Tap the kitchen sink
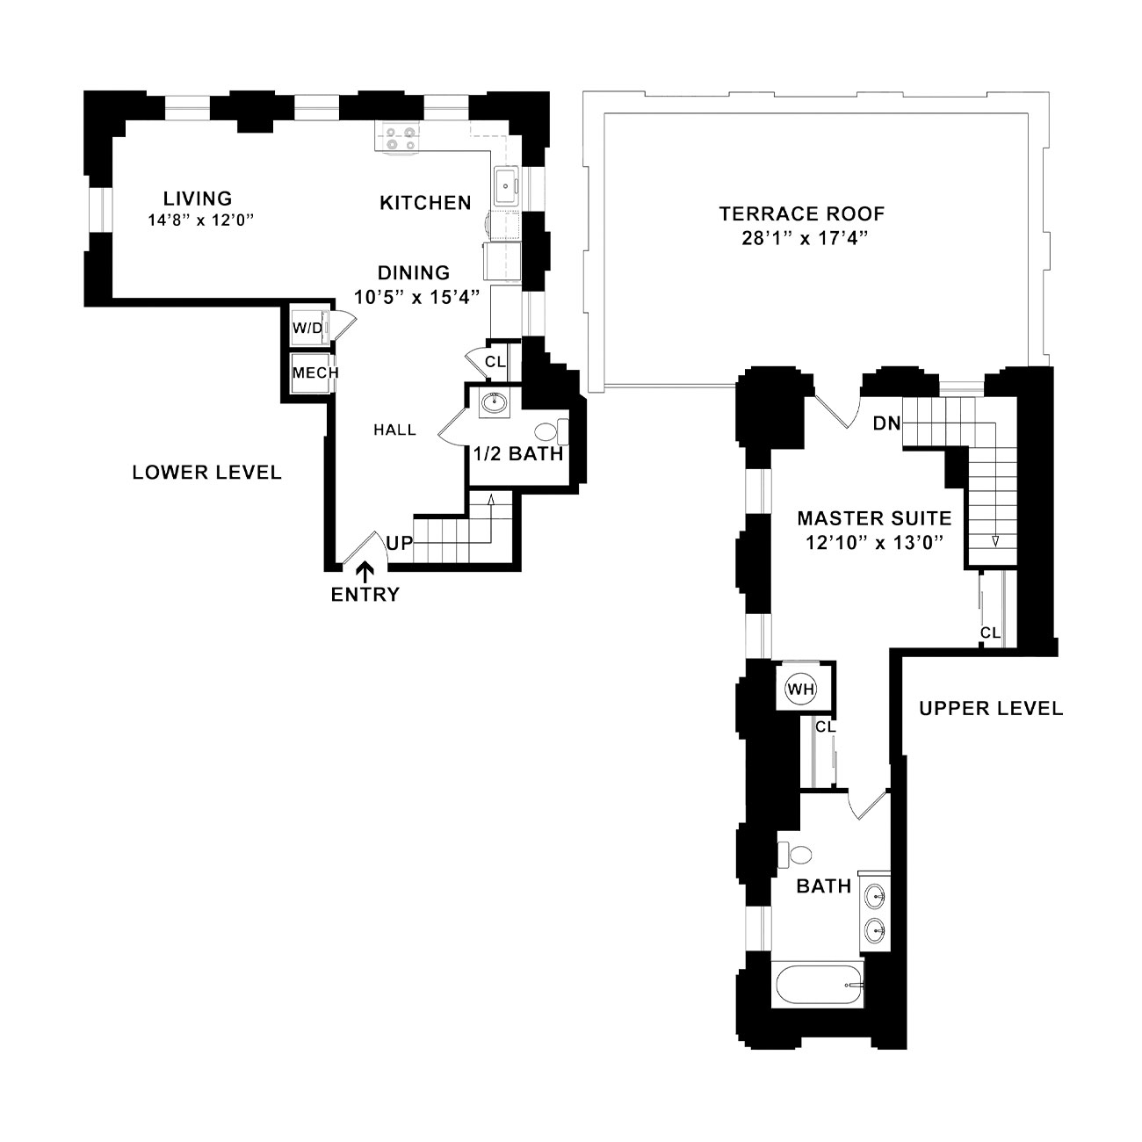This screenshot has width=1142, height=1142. pos(506,185)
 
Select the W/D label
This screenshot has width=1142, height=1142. pos(308,329)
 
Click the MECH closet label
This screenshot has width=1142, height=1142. pos(315,372)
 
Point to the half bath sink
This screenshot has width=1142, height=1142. pos(495,404)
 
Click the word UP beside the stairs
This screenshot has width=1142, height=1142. pos(400,543)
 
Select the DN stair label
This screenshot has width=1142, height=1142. pos(886,423)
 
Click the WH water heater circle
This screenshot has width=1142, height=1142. pos(800,690)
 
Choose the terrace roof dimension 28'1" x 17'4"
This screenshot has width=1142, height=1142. pos(802,239)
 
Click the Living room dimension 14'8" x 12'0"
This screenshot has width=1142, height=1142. pos(201,220)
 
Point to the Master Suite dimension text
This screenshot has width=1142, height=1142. pos(874,543)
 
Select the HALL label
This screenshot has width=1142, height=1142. pos(394,430)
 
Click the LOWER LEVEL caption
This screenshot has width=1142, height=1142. pos(206,473)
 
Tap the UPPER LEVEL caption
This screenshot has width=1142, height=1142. pos(991,708)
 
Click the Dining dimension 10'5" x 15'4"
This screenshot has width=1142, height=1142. pos(416,297)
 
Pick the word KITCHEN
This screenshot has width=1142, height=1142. pos(425,203)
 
